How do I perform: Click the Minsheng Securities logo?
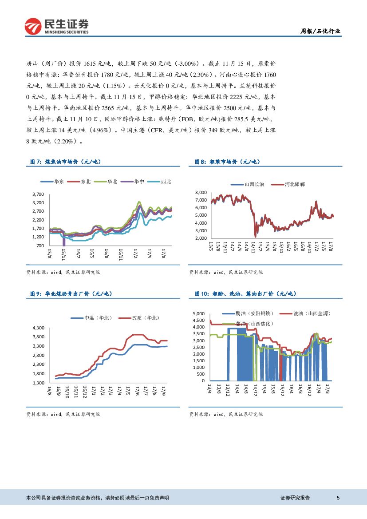56,26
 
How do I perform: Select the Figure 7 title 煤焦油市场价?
70,162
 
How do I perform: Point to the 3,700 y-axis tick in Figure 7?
38,194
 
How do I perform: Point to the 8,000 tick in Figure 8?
201,193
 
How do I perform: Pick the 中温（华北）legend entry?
98,318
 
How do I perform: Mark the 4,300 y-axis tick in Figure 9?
38,328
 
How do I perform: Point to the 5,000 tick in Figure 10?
199,314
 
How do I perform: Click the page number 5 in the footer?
338,498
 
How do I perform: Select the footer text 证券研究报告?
295,498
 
